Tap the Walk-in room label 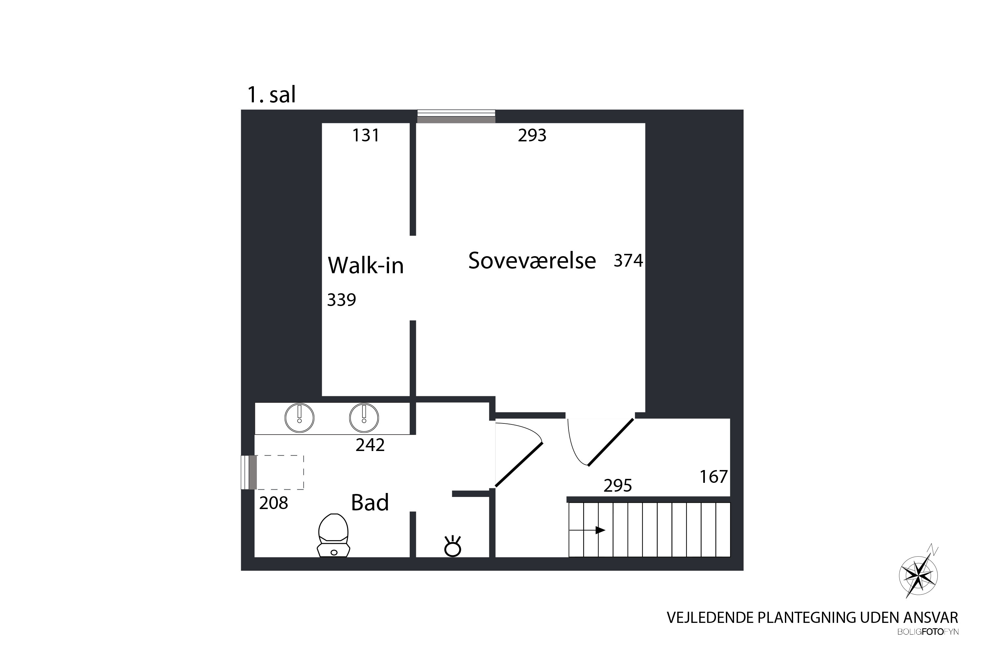(366, 265)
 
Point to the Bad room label (370, 502)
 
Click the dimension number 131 (366, 135)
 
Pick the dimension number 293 (532, 135)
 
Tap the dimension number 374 (628, 261)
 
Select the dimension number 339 (341, 300)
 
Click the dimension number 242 (370, 445)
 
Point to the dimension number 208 (274, 503)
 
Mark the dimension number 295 (618, 486)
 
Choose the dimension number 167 (714, 477)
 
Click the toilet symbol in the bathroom (334, 536)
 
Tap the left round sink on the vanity (299, 418)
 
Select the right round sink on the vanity (364, 418)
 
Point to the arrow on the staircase (587, 530)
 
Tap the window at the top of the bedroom (456, 116)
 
